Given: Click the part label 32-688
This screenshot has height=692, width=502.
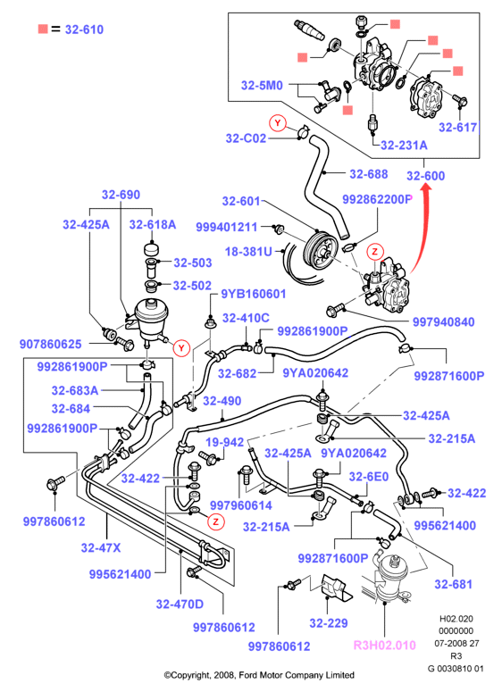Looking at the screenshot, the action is tap(369, 174).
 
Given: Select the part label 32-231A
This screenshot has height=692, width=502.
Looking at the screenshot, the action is tap(404, 145).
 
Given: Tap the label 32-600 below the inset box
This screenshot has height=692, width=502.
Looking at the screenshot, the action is tap(425, 176).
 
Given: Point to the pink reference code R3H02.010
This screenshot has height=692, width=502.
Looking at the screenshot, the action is tap(385, 646).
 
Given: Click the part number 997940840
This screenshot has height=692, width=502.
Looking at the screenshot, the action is tap(443, 321).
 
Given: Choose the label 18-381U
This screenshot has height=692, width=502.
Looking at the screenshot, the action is tap(248, 252).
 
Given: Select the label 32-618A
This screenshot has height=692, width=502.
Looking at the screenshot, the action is tap(153, 225).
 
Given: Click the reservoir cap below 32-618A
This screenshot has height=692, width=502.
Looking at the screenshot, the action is tap(153, 249).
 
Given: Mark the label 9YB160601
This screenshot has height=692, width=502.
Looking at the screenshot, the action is tap(254, 294).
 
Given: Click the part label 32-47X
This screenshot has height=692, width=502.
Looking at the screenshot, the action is tap(101, 547).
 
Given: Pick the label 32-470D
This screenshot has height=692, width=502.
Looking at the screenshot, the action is tap(180, 604).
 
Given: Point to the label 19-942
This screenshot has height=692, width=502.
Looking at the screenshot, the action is tap(225, 442).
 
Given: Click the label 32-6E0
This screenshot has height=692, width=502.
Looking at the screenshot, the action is tap(369, 477).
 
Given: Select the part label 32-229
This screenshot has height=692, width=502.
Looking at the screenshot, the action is tap(329, 622).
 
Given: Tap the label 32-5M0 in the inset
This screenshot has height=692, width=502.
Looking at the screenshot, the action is tap(262, 85).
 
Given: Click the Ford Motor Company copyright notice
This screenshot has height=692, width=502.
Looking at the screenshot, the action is tap(259, 675).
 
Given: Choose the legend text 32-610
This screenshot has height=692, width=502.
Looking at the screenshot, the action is tap(84, 29).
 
